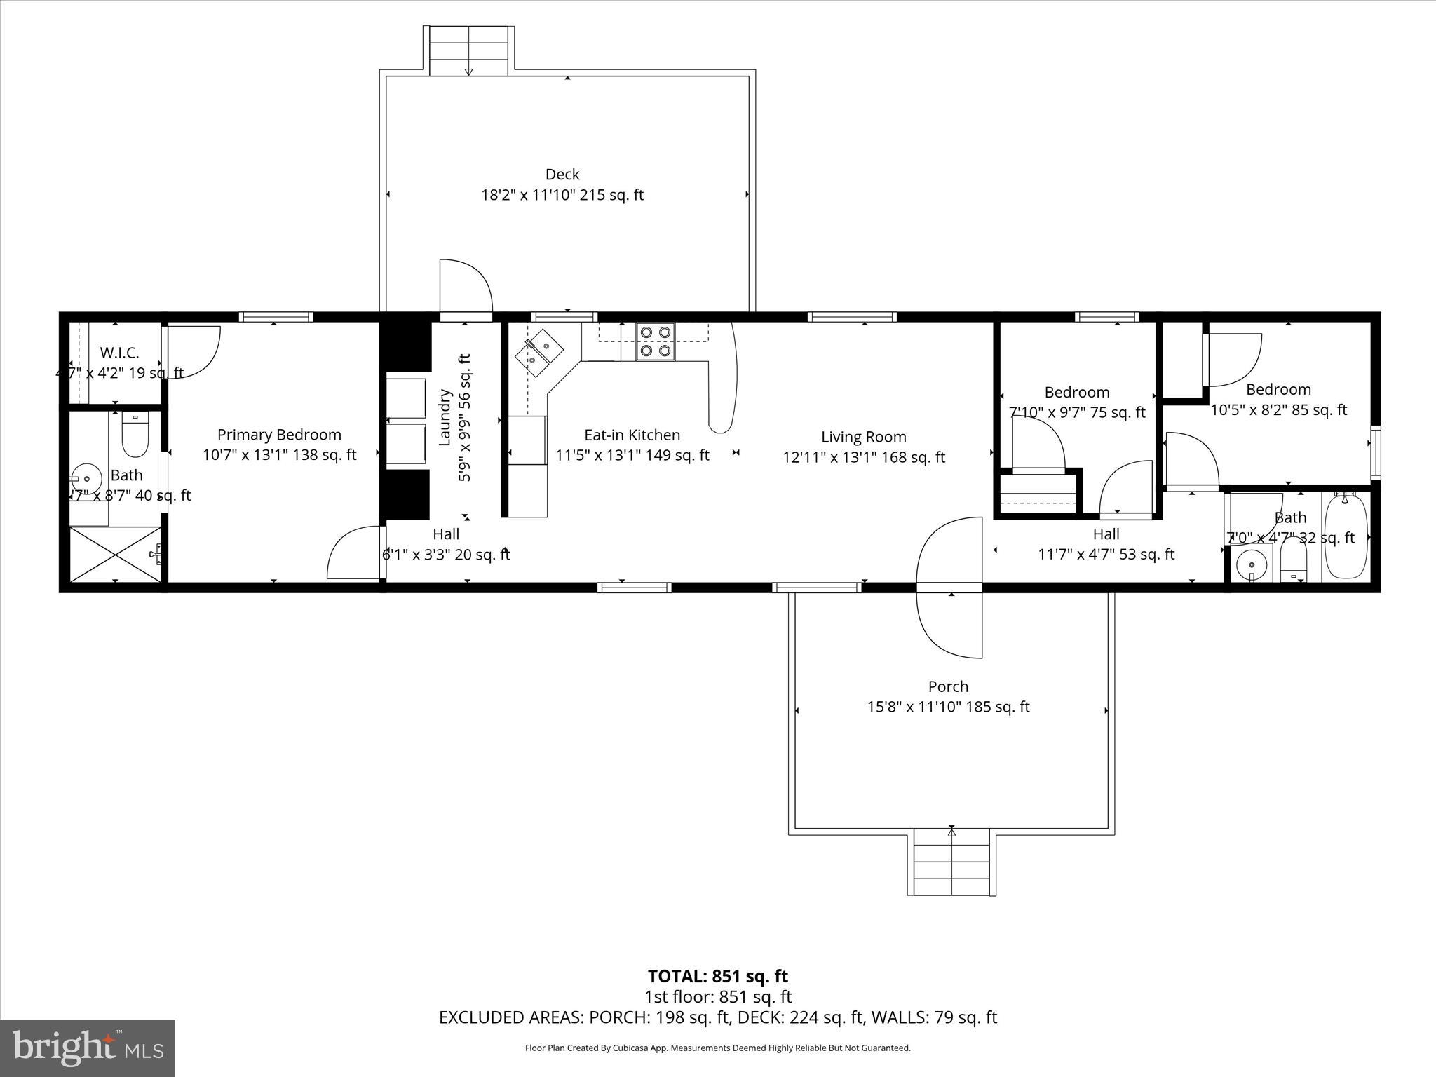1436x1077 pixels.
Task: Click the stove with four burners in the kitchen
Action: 656,341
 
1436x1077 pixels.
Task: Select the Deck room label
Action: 562,175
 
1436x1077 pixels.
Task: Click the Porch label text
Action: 948,686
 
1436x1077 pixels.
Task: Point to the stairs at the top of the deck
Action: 468,50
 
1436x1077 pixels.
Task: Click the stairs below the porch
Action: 951,863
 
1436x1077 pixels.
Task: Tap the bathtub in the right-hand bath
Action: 1346,536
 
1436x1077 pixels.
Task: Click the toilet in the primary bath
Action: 135,435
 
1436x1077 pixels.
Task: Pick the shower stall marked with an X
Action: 115,554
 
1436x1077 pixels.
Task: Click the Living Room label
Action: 863,437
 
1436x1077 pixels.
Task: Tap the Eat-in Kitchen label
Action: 632,435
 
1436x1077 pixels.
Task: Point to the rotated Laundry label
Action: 444,417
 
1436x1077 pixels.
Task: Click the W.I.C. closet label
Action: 119,353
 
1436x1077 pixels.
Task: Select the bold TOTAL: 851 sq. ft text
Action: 717,976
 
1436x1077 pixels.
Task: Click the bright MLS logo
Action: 88,1048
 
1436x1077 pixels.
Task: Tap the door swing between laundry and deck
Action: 466,287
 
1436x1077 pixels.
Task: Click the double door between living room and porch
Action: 950,588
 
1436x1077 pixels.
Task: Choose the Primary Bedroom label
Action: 279,435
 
